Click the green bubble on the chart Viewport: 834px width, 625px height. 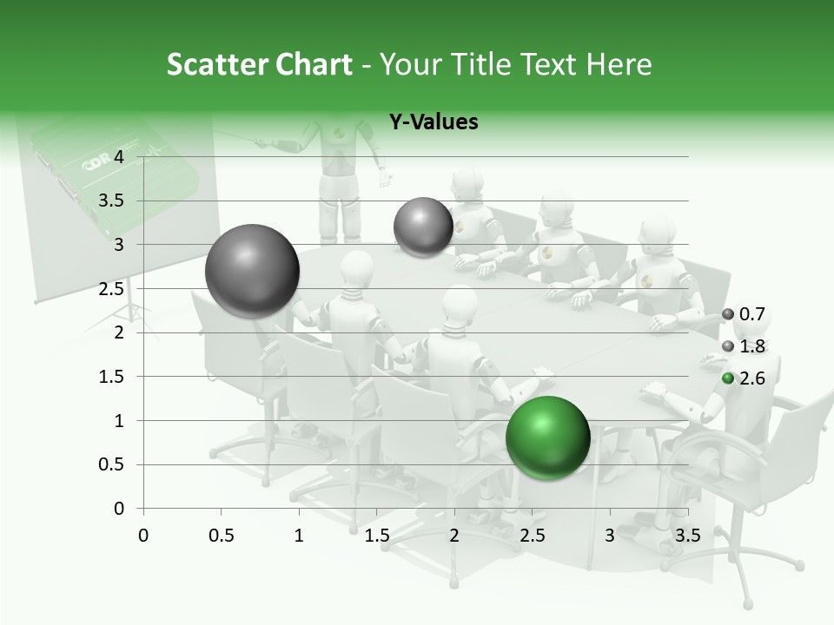coord(547,437)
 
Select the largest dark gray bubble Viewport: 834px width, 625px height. coord(252,271)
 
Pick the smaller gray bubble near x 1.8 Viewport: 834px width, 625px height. coord(423,227)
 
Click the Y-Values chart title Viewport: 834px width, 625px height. coord(433,122)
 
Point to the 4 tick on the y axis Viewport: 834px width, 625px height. coord(119,157)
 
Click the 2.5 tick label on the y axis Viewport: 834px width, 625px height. coord(113,289)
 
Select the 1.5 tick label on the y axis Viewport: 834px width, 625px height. coord(113,377)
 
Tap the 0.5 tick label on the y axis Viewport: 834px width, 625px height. coord(113,465)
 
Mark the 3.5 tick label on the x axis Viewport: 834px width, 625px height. coord(688,536)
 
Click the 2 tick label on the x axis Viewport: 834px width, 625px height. coord(454,536)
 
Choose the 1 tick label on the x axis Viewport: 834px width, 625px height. coord(299,536)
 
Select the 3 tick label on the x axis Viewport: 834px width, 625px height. coord(610,536)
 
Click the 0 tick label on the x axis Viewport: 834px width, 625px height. coord(143,536)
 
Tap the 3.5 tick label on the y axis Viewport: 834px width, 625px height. coord(113,201)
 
